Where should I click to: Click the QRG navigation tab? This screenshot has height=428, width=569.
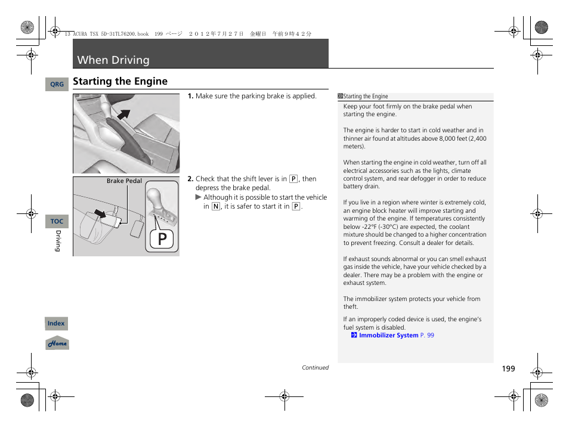[57, 85]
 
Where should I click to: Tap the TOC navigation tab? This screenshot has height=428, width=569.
[57, 221]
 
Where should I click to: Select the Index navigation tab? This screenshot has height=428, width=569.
[56, 324]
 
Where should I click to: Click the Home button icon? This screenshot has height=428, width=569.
[57, 343]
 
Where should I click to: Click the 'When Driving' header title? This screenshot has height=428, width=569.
[113, 60]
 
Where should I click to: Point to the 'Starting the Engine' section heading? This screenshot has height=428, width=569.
[120, 82]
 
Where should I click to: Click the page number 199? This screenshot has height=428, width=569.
[508, 369]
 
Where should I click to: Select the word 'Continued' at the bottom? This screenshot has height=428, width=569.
[315, 368]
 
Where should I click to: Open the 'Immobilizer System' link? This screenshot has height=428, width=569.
[388, 336]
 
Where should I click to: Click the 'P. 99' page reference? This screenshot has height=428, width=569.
[427, 336]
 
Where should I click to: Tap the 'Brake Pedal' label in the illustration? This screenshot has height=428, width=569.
[124, 181]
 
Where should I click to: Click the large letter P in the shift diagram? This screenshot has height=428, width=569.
[161, 238]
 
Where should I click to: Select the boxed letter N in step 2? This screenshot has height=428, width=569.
[215, 206]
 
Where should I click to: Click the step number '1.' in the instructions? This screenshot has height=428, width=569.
[190, 96]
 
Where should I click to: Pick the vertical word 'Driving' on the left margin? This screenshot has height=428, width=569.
[58, 241]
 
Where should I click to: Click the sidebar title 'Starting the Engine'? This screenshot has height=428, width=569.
[365, 97]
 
